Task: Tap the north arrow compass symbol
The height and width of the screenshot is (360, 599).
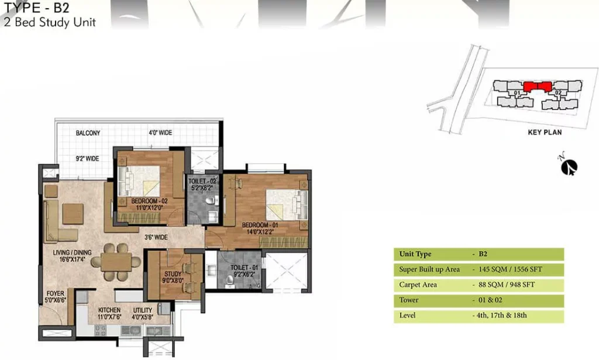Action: click(x=569, y=166)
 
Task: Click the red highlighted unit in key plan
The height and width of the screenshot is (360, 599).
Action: click(x=538, y=87)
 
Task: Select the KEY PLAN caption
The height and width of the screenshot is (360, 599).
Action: click(x=545, y=132)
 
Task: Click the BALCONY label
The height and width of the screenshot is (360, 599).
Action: click(x=88, y=133)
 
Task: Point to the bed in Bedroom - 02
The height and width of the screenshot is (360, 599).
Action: click(x=139, y=181)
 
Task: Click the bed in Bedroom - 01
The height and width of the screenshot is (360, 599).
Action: click(x=287, y=204)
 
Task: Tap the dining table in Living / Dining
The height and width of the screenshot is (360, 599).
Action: click(x=116, y=262)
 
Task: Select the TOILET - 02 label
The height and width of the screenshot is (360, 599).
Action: click(x=202, y=181)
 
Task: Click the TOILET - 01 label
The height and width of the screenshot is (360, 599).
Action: click(x=244, y=268)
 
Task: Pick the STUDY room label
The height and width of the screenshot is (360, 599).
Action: click(x=173, y=274)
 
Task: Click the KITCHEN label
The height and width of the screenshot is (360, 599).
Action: click(x=109, y=310)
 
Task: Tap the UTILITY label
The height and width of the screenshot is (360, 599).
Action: click(x=143, y=310)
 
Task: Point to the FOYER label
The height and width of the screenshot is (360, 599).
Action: click(x=56, y=293)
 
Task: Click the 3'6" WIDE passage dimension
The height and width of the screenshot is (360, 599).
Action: click(x=156, y=237)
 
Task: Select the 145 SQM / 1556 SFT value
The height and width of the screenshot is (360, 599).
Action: click(x=510, y=269)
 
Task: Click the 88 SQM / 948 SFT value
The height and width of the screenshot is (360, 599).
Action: click(x=507, y=284)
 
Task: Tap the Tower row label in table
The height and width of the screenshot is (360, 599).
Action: click(x=409, y=300)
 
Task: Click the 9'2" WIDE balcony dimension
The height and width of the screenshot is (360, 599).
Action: click(x=87, y=159)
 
